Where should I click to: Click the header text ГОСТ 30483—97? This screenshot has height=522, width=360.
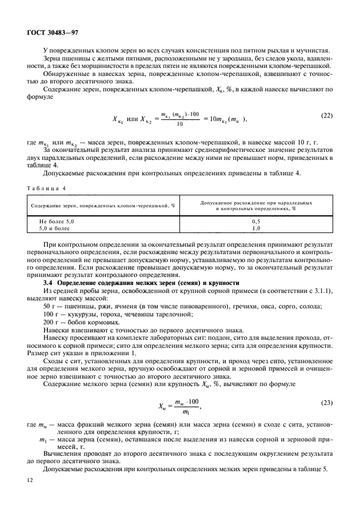50,33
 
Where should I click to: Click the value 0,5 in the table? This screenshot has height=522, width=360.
256,220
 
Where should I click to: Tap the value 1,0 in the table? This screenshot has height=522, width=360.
256,227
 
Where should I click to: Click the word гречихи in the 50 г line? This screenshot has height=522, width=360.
230,307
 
